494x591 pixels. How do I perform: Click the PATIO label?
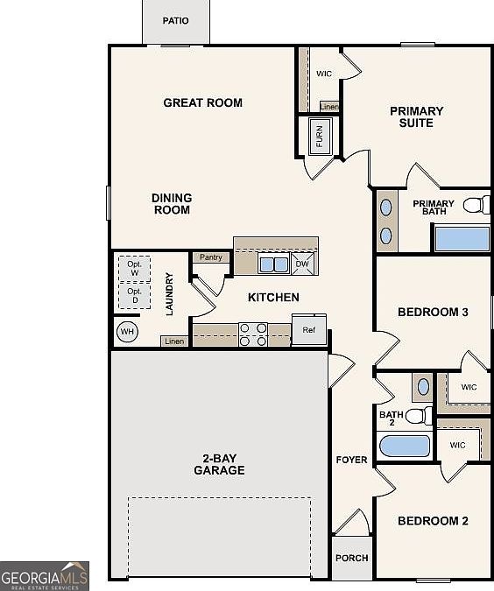click(175, 21)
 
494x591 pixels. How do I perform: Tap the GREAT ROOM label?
click(202, 103)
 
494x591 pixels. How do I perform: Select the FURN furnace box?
click(320, 137)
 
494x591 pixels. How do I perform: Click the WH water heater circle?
click(127, 332)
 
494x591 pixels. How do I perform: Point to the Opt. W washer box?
click(134, 267)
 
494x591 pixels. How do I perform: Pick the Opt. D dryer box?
click(134, 295)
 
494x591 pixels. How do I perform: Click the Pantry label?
click(210, 257)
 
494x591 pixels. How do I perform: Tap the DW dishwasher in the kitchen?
click(302, 264)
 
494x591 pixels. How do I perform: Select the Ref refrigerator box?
click(309, 331)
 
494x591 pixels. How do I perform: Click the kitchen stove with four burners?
click(253, 334)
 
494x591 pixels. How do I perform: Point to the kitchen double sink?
click(273, 264)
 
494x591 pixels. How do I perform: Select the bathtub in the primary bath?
click(462, 239)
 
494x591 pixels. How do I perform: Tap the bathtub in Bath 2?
click(404, 447)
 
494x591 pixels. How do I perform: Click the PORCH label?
click(352, 558)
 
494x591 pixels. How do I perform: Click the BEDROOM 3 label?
click(433, 313)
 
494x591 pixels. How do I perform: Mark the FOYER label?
click(352, 460)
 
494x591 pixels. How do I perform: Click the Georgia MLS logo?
click(44, 576)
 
